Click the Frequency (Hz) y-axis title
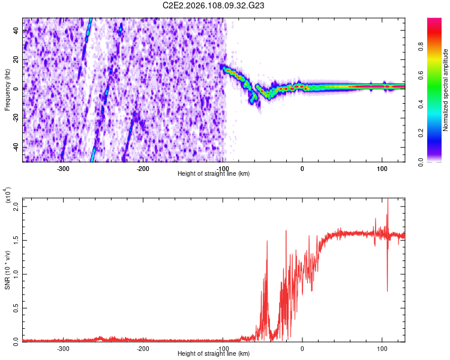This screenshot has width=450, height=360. point(7,89)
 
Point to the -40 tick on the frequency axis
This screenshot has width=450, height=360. point(16,148)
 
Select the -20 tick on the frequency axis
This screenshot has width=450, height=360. point(16,118)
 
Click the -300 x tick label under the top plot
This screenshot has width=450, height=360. point(63,168)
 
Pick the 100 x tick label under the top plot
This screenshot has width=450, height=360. point(382,168)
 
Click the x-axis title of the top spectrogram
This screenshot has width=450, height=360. point(214,174)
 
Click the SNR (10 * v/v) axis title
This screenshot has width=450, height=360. point(7,270)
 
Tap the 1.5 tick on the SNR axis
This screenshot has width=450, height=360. point(16,240)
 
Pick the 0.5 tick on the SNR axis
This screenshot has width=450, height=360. point(16,307)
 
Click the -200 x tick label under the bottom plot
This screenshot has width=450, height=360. point(143,348)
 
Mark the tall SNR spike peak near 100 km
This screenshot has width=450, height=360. point(388,199)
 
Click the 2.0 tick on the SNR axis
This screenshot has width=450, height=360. point(16,206)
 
